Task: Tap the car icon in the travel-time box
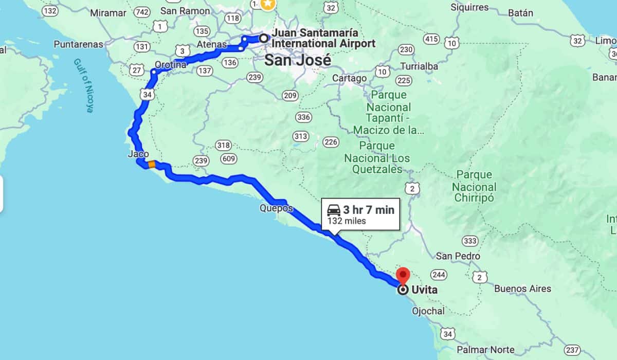334,210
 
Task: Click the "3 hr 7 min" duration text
369,210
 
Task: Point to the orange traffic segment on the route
151,165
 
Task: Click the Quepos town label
276,208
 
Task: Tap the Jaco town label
138,154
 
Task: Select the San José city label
298,60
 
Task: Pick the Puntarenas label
78,45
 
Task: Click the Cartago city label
350,78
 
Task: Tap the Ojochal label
428,311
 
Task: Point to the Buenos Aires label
522,289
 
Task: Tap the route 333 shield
470,241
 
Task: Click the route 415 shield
431,39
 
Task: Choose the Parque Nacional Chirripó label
474,186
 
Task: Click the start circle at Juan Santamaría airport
263,38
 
